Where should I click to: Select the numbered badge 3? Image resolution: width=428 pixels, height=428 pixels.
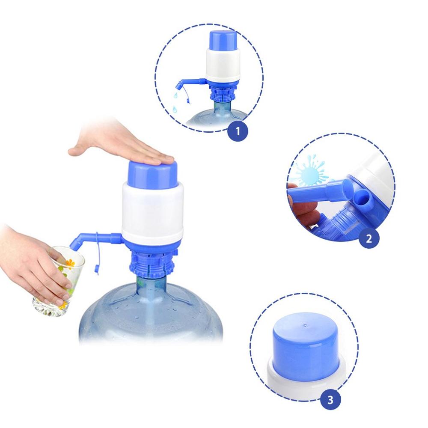click(331, 401)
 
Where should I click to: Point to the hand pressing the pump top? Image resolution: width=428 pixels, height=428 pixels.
click(124, 152)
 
